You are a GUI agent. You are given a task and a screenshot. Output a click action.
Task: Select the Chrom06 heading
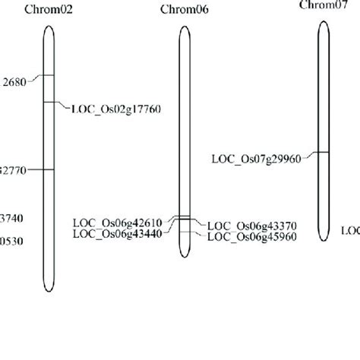(184, 9)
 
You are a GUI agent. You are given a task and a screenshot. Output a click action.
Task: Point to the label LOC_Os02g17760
(115, 108)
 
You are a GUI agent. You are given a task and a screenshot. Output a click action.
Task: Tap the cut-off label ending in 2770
(14, 170)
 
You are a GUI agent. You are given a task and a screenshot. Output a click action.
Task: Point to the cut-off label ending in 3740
(11, 219)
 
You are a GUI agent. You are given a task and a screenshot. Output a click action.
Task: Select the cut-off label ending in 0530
(11, 241)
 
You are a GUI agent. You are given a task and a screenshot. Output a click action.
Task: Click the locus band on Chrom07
(323, 153)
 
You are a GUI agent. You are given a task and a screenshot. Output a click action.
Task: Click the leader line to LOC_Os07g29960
(310, 156)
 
